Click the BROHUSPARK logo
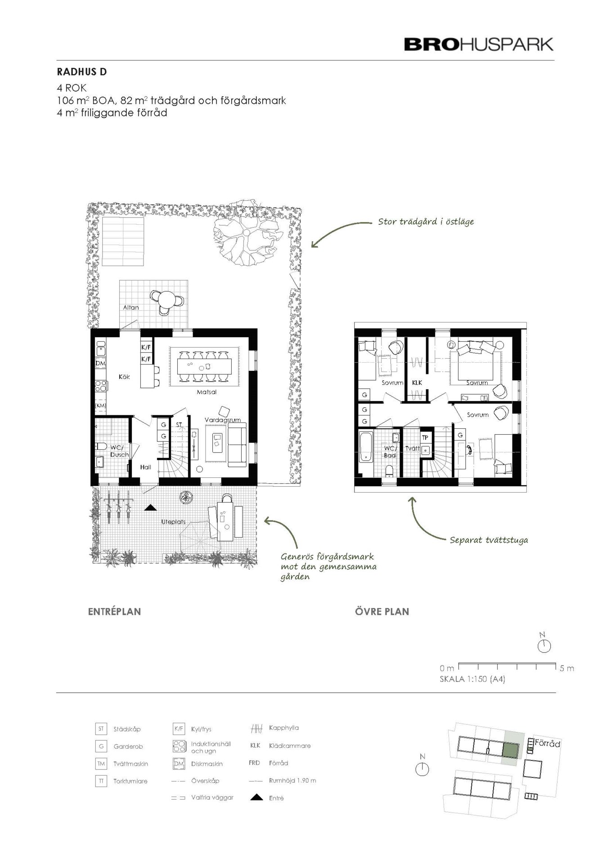coord(479,44)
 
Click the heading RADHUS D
coord(82,72)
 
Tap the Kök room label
coord(124,377)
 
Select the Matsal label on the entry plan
coord(207,392)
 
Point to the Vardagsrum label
coord(223,420)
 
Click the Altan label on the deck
coord(131,307)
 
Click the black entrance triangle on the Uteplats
coord(150,507)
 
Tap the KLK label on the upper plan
coord(417,383)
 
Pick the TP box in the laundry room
coord(425,437)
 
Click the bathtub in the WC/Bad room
coord(365,447)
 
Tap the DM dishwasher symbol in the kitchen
coord(100,363)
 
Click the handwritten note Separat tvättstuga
coord(489,540)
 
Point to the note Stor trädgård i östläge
coord(426,222)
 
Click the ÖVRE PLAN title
coord(382,612)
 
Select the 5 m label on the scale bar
coord(567,668)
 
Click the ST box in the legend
coord(101,729)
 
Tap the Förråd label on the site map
coord(548,744)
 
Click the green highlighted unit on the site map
coord(510,750)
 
